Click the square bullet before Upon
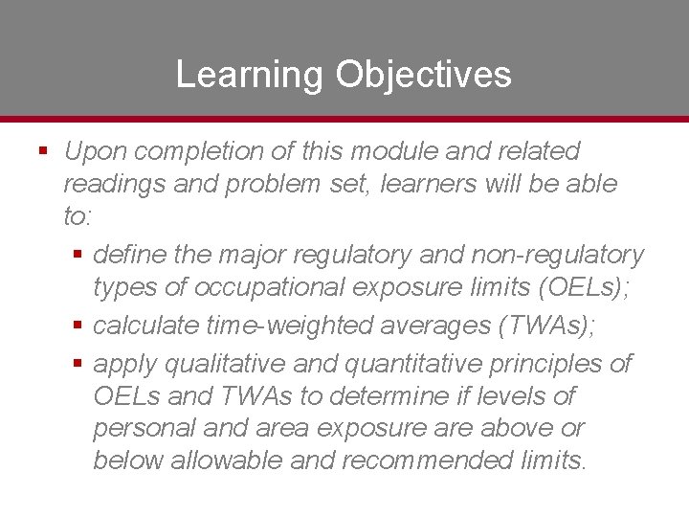point(42,151)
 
